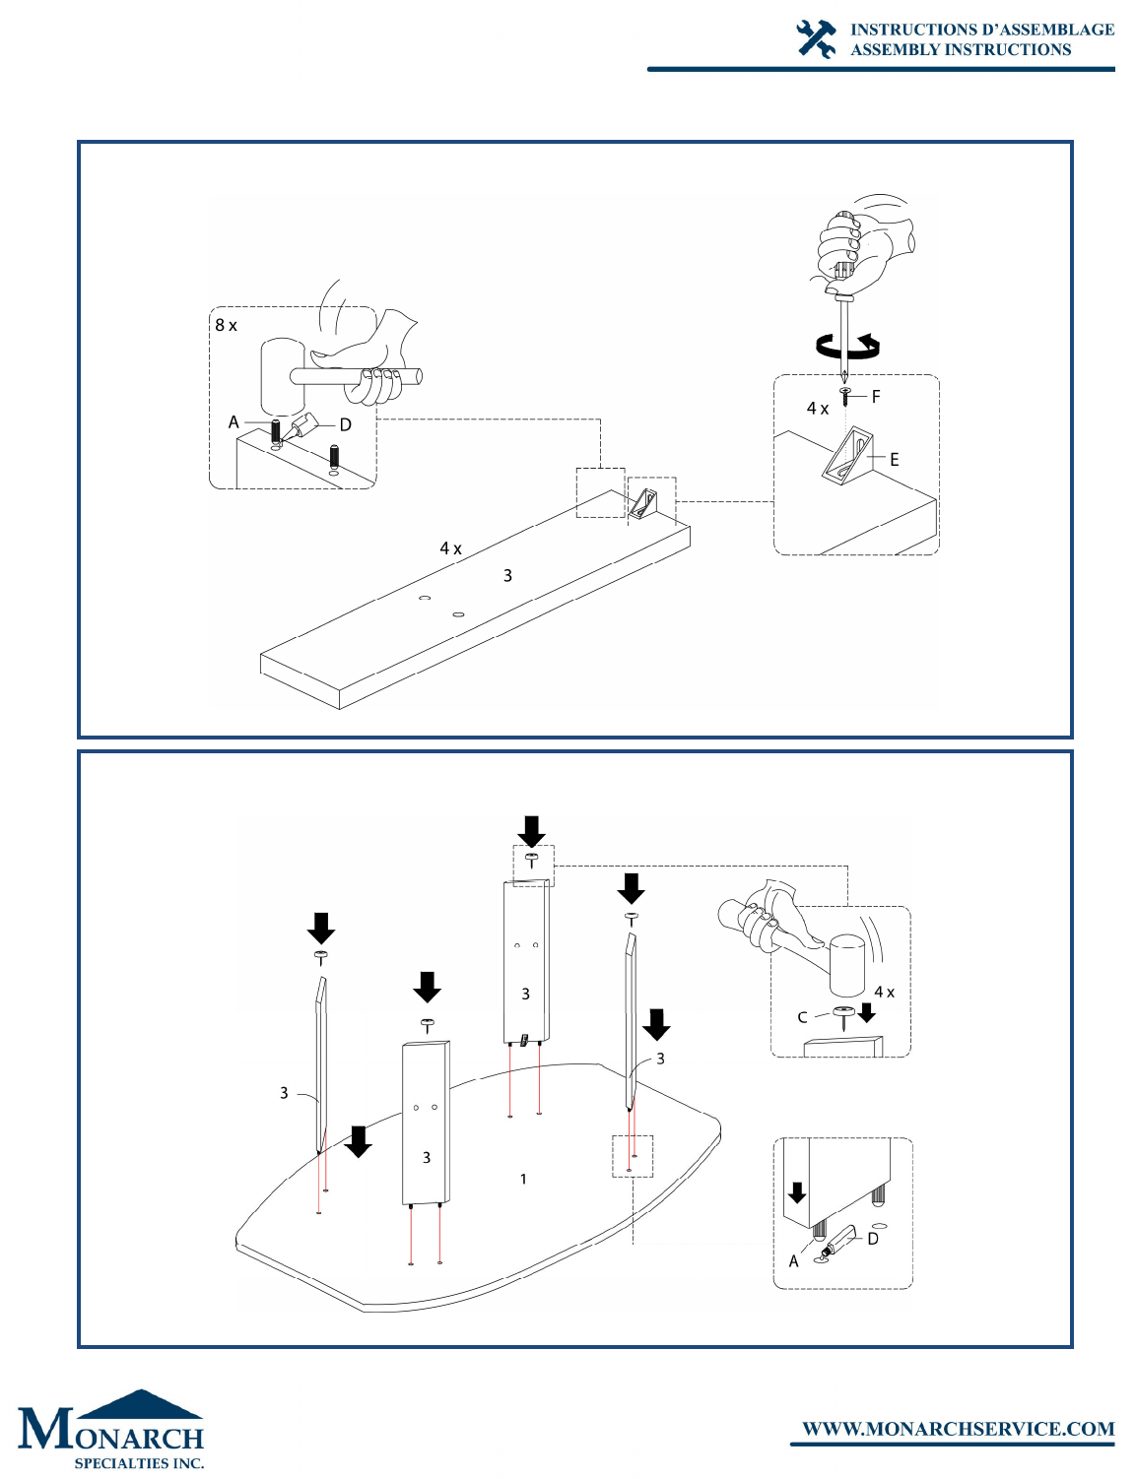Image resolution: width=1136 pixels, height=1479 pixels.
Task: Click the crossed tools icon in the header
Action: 816,38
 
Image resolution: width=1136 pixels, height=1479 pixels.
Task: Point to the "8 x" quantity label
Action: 226,325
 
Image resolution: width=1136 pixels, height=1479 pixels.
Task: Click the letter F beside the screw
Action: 876,396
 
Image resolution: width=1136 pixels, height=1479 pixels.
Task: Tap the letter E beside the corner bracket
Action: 895,460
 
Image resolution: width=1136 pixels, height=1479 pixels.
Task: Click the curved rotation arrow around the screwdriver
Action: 848,347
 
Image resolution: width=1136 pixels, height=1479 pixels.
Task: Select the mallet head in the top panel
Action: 283,376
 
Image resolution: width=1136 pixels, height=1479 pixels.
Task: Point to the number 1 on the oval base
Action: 523,1179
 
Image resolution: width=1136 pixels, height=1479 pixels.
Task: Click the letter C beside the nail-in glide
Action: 802,1017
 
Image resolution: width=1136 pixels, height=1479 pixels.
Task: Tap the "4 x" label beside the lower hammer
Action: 884,993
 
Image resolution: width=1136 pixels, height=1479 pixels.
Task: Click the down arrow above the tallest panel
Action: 531,832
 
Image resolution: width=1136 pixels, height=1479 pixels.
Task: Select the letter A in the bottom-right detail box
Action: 793,1261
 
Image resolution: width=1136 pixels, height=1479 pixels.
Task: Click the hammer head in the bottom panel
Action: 846,966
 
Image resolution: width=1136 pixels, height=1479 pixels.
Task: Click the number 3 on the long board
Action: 507,576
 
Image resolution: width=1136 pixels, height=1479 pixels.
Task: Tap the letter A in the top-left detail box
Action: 234,422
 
